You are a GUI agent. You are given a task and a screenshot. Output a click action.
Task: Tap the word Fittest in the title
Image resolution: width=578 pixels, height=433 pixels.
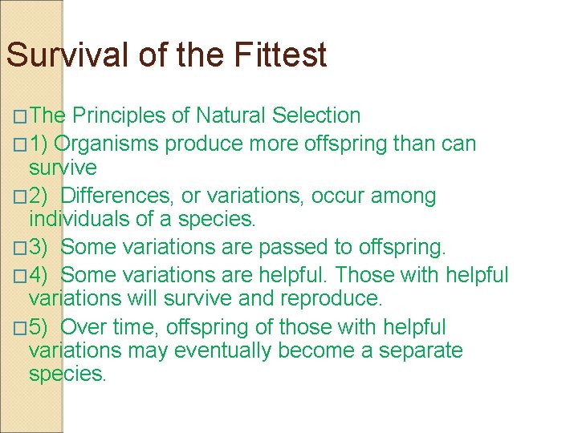click(281, 55)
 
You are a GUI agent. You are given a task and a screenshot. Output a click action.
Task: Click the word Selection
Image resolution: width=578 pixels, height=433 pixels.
click(316, 115)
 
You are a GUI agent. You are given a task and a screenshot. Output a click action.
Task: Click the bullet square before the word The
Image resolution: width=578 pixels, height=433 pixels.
click(19, 117)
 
